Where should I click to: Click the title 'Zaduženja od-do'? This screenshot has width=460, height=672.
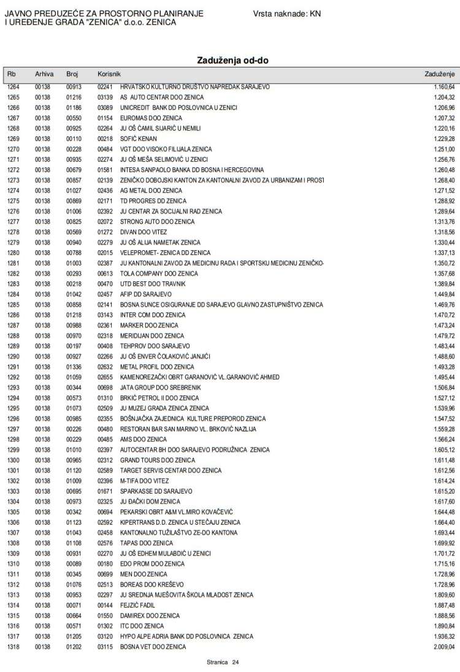tap(232, 60)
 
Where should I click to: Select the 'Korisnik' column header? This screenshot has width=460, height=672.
tap(109, 74)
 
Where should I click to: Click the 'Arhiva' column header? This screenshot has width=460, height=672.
tap(44, 74)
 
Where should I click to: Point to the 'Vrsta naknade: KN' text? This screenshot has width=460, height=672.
tap(286, 13)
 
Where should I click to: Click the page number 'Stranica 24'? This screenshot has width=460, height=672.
tap(223, 662)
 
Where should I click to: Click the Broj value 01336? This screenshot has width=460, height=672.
tap(74, 367)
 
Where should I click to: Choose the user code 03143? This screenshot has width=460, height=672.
tap(105, 315)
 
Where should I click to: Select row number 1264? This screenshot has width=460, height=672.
tap(13, 87)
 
